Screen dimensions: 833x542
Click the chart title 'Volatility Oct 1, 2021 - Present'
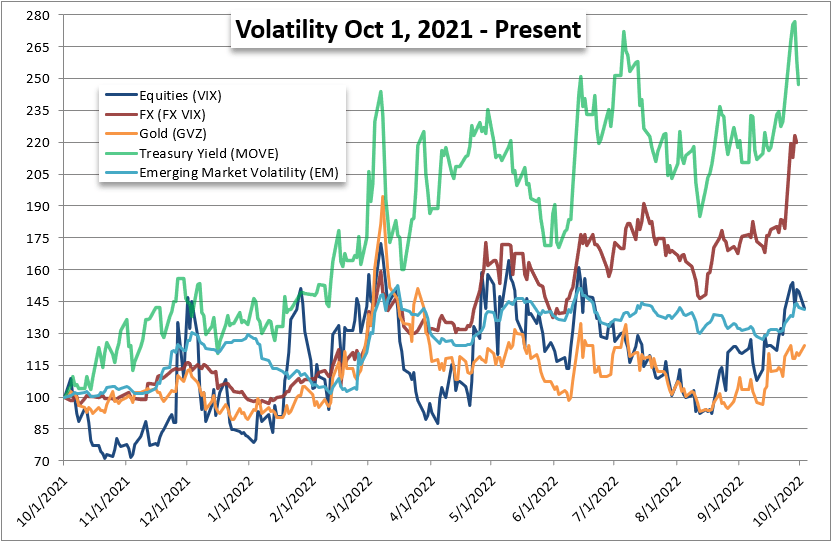coord(408,29)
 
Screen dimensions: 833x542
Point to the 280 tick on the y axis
coord(37,15)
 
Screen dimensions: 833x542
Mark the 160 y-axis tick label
coord(37,270)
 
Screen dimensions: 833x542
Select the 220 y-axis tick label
coord(37,142)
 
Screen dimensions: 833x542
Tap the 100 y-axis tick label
coord(37,397)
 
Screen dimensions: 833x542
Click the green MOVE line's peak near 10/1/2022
coord(795,21)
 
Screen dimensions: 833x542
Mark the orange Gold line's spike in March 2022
coord(382,197)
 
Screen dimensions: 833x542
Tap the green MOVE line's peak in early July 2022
coord(624,31)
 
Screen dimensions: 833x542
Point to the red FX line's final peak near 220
coord(795,136)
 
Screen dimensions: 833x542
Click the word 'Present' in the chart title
coord(538,29)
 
